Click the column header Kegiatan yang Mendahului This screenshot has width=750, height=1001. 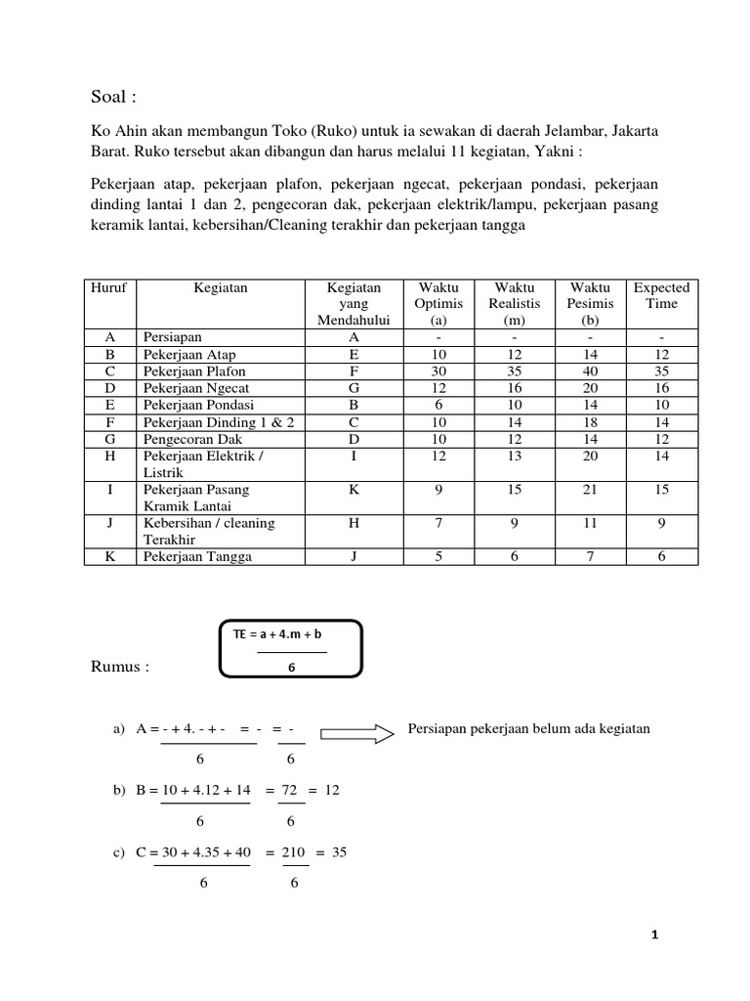coord(353,303)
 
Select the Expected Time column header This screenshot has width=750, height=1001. coord(661,295)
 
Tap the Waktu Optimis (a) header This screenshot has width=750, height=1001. coord(438,303)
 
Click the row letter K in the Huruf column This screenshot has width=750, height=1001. coord(109,556)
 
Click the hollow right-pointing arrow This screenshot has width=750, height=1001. coord(356,731)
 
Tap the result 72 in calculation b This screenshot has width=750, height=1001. coord(291,790)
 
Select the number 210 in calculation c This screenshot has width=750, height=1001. coord(294,851)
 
